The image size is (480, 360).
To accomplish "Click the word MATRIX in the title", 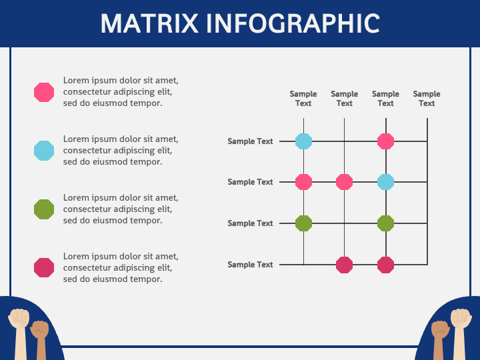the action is point(149,23).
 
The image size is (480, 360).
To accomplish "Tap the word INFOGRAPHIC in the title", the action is point(293,23).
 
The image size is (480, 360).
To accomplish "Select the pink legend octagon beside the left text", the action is point(44,92).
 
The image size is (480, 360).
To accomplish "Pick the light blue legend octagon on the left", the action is point(44,151).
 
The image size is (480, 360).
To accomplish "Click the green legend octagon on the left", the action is point(44,209).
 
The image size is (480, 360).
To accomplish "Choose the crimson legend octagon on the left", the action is point(44,268).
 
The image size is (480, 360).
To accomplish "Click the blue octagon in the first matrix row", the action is point(304,141).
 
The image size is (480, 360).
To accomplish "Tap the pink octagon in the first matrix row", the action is point(386,141).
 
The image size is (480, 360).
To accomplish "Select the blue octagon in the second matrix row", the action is point(386,182).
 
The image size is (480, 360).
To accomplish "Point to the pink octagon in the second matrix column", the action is point(345,182).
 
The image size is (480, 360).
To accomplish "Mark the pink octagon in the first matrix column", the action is point(304,182).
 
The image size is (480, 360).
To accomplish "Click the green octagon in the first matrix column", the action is point(304,223).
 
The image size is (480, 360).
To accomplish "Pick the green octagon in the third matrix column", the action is point(386,223).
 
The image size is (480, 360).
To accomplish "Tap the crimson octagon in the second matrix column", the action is point(345,265).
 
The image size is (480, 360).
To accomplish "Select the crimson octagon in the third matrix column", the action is point(386,265).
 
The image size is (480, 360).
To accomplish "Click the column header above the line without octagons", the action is point(427,99).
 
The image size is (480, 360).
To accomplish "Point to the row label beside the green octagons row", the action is point(250,223).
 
